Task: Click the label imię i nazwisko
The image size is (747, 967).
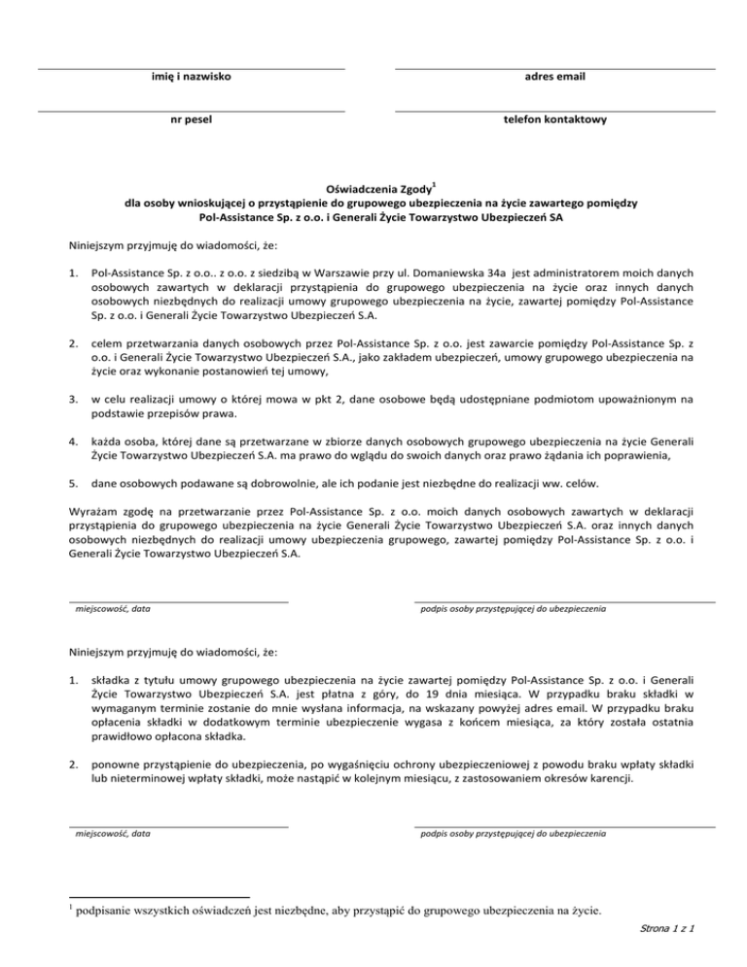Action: tap(191, 76)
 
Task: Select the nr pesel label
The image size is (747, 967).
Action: tap(191, 120)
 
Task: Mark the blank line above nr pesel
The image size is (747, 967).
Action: tap(191, 111)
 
